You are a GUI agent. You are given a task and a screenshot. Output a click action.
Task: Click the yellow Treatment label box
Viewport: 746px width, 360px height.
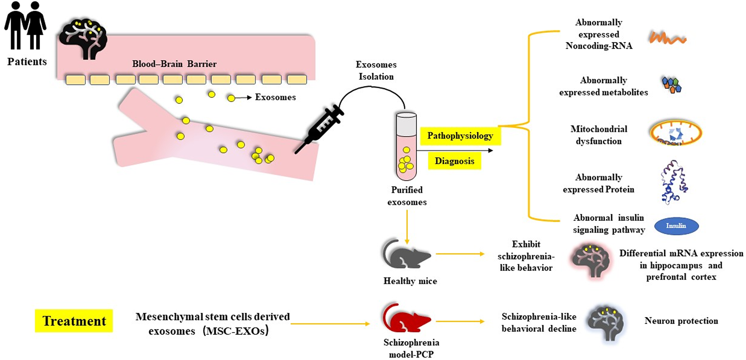coord(74,321)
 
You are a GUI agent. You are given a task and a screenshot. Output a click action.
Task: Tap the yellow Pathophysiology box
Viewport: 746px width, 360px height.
coord(460,136)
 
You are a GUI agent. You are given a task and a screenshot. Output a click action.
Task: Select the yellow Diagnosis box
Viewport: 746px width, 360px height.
coord(454,161)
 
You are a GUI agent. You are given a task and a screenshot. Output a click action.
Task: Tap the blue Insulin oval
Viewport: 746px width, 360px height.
coord(676,226)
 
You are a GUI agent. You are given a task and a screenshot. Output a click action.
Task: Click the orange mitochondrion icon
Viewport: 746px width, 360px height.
coord(676,133)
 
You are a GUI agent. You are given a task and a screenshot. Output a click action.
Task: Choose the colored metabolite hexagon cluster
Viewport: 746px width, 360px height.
coord(672,85)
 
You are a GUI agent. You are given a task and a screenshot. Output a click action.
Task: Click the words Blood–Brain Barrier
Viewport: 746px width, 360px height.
coord(174,64)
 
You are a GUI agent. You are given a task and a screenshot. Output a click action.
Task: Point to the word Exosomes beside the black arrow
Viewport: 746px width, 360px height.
coord(275,97)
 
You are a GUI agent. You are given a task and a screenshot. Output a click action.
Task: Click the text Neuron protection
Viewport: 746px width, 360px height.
coord(681,321)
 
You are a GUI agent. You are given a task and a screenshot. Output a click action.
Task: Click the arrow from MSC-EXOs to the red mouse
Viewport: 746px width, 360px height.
coord(330,324)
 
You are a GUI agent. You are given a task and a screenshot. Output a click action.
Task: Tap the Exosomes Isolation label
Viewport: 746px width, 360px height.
coord(376,70)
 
